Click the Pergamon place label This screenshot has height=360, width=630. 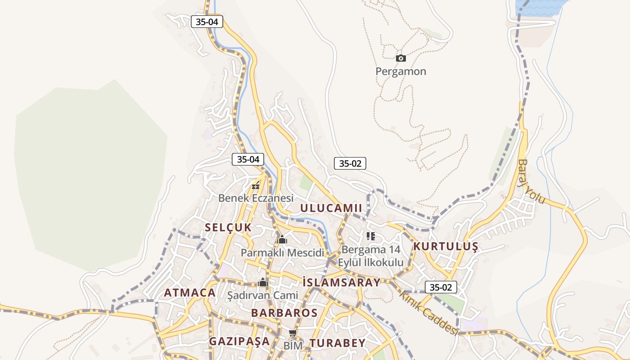pos(400,72)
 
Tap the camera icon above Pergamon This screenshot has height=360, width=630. pos(400,58)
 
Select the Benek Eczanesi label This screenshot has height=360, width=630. pos(256,198)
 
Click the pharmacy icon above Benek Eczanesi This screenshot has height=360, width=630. pos(256,185)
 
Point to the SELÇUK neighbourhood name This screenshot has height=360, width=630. pos(228,228)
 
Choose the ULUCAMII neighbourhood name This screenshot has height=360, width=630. pos(331,208)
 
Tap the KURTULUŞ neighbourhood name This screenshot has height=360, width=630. pos(445,247)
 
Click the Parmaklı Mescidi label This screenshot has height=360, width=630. pos(282,252)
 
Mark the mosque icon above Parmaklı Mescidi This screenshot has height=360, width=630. pos(282,240)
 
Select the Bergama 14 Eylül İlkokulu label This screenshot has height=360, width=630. pos(370,256)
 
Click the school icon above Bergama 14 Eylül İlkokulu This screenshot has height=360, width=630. pos(370,236)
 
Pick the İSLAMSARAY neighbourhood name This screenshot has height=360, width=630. pos(342,283)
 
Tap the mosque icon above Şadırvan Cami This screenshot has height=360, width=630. pos(263,283)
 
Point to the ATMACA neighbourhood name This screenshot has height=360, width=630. pos(190,293)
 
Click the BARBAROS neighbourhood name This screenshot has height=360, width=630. pos(284,313)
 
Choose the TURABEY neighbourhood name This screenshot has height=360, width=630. pos(337,343)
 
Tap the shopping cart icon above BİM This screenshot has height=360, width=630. pos(292,333)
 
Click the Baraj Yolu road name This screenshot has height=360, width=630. pos(531,181)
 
